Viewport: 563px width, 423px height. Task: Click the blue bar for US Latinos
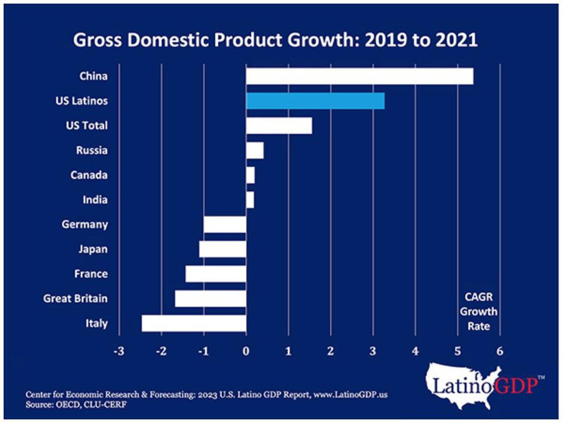point(315,101)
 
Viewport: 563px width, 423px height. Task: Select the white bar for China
point(359,76)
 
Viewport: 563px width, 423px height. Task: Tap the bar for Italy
point(194,323)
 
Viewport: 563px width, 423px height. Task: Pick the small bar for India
point(250,200)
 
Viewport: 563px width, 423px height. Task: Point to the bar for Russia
point(255,151)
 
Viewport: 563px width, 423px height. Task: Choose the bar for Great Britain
point(210,299)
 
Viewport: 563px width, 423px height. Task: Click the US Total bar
point(279,126)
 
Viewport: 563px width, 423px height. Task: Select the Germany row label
point(84,224)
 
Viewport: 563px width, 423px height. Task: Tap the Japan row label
point(93,249)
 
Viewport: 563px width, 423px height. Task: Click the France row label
point(91,274)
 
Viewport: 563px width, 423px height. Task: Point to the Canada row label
point(89,175)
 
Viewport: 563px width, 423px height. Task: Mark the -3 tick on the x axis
point(119,351)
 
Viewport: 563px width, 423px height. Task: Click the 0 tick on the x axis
point(246,351)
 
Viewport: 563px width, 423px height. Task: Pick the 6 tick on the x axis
point(500,351)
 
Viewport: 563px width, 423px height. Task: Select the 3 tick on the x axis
point(373,351)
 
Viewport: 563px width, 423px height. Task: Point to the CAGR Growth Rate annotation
point(479,311)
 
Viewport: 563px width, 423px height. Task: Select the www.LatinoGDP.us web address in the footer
point(351,394)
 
